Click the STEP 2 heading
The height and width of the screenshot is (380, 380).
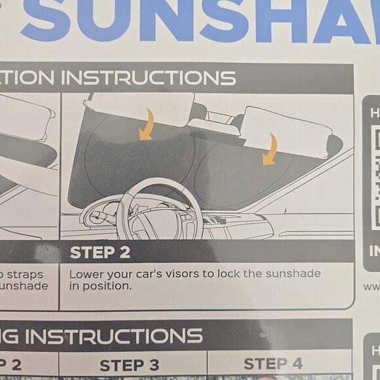coord(100,252)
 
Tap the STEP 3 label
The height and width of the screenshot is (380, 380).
coord(129,365)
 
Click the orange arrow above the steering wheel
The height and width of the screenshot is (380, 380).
coord(147,124)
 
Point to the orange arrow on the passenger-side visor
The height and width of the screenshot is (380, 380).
coord(269,150)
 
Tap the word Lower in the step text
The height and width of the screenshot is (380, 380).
coord(86,273)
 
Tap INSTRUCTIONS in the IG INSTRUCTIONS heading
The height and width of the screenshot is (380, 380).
coord(114,336)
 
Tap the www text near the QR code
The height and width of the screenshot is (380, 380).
coord(371,286)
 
